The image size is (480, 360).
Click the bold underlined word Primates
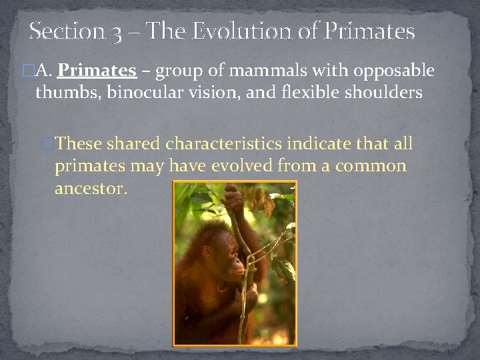(x=97, y=71)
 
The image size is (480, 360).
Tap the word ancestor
(x=90, y=189)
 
